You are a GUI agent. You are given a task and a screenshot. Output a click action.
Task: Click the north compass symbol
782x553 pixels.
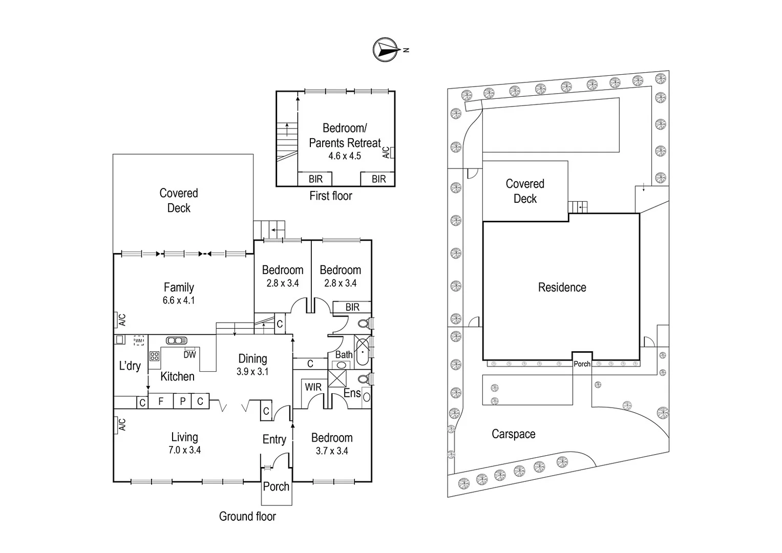click(386, 50)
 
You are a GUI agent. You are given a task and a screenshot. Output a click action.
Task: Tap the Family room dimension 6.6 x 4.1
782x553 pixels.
click(179, 301)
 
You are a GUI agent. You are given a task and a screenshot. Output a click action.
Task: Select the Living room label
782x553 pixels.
click(184, 437)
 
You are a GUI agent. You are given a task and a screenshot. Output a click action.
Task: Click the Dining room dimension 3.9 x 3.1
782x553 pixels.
click(252, 372)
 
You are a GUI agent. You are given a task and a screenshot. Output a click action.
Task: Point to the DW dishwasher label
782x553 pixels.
click(189, 354)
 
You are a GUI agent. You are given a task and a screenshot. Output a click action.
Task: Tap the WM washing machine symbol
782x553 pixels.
click(138, 340)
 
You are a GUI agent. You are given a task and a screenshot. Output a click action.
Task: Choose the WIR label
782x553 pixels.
click(313, 387)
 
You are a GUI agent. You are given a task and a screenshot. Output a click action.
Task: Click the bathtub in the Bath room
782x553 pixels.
click(362, 352)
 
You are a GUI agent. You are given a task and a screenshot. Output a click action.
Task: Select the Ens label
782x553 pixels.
click(352, 393)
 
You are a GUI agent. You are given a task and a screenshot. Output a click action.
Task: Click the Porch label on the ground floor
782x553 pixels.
click(276, 486)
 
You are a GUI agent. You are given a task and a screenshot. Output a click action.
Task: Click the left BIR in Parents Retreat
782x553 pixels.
click(315, 179)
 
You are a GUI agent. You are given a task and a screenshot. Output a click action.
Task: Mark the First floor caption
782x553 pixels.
click(331, 196)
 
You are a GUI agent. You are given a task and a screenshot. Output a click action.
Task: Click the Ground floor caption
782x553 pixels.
click(247, 516)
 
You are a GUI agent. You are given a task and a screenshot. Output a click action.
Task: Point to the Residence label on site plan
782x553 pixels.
click(562, 287)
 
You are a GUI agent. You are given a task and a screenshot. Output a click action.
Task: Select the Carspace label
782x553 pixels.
click(513, 434)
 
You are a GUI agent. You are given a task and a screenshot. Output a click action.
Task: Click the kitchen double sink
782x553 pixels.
click(176, 340)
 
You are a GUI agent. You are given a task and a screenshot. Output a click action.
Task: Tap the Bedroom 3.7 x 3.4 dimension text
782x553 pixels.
click(332, 451)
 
